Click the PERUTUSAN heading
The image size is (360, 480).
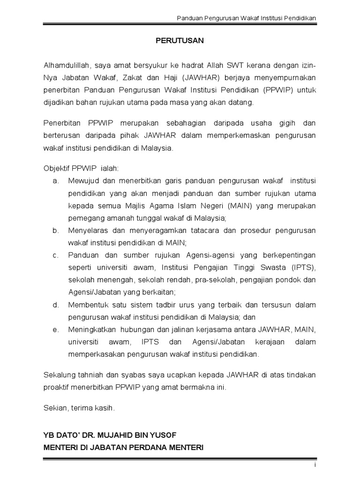(180, 41)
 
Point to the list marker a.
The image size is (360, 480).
(55, 180)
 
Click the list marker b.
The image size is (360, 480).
(55, 230)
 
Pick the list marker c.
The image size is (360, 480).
(55, 255)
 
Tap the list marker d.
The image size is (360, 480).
(55, 305)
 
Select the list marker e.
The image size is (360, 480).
(55, 330)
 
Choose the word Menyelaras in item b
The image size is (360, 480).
(87, 230)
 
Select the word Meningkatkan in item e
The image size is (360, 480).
(91, 330)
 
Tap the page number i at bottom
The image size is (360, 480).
(315, 465)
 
